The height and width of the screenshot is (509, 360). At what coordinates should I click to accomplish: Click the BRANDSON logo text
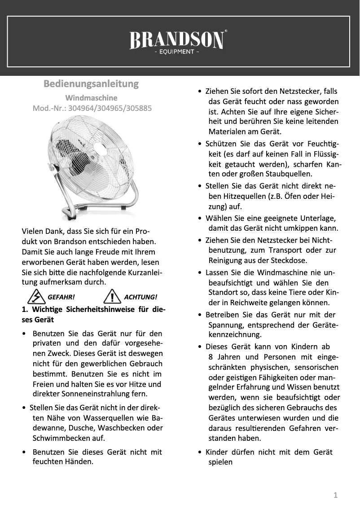[177, 41]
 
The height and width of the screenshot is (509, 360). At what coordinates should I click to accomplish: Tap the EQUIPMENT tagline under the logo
[176, 52]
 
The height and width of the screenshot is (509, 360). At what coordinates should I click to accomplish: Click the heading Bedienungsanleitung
[91, 84]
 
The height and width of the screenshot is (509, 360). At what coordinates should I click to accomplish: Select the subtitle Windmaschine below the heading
[91, 97]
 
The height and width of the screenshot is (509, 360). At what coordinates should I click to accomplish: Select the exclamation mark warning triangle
[110, 296]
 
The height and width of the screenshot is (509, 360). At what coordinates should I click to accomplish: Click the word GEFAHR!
[61, 297]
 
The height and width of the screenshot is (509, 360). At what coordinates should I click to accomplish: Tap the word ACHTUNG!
[140, 297]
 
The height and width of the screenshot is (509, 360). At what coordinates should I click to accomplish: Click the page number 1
[335, 496]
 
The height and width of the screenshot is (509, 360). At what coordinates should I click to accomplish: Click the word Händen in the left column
[79, 461]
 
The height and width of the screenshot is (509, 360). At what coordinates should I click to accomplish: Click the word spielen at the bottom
[220, 461]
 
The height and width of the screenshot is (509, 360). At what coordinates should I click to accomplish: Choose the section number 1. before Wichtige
[25, 310]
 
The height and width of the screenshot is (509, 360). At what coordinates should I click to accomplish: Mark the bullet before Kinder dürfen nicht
[200, 452]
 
